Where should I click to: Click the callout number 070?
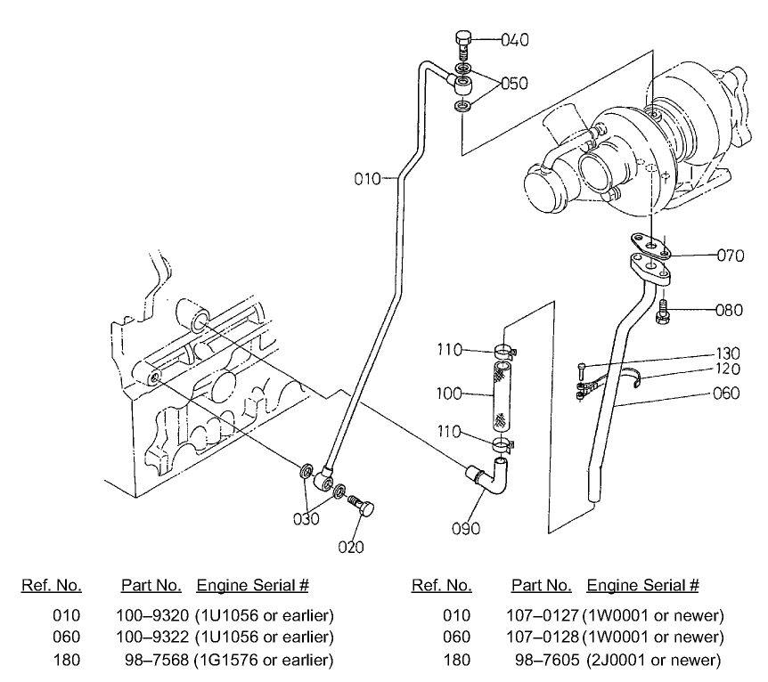pyautogui.click(x=731, y=255)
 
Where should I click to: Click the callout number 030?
pyautogui.click(x=308, y=519)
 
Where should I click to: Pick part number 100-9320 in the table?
pyautogui.click(x=153, y=615)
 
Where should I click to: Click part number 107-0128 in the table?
pyautogui.click(x=545, y=637)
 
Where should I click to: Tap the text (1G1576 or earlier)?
pyautogui.click(x=264, y=659)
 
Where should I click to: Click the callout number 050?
pyautogui.click(x=514, y=84)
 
